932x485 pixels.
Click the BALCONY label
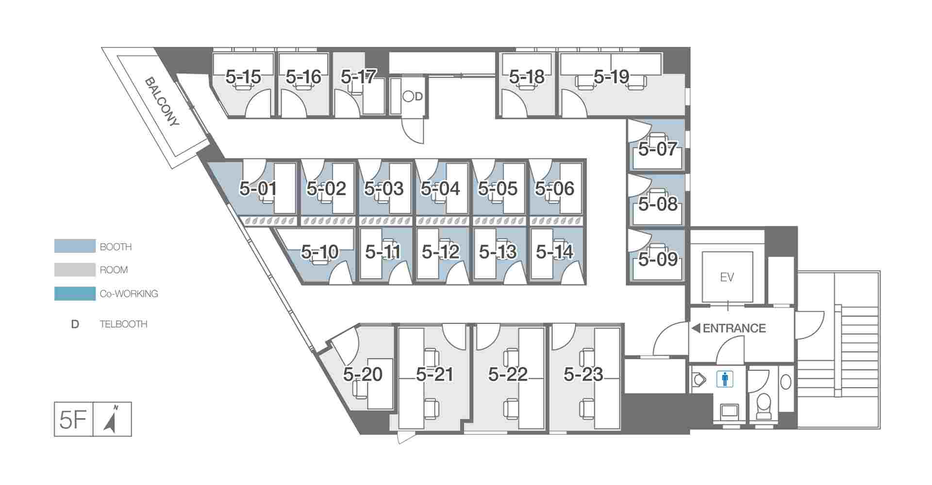point(162,102)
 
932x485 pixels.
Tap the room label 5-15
point(243,77)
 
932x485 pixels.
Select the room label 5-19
point(612,76)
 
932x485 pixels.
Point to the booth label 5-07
point(658,149)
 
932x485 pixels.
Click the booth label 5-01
point(258,188)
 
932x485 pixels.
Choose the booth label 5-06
point(555,188)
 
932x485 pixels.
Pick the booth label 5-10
point(319,252)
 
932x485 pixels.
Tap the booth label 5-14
point(555,252)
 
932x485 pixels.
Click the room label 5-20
point(363,374)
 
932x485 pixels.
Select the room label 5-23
point(583,374)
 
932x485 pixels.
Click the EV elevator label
point(727,277)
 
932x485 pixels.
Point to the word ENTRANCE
point(734,328)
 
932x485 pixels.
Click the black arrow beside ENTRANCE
point(696,328)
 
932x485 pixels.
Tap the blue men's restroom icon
point(725,379)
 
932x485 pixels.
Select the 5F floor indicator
point(73,420)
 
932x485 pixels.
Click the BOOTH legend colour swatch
point(75,246)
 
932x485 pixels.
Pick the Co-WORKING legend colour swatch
point(75,293)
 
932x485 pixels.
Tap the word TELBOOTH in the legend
point(123,324)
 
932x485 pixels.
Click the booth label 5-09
point(658,259)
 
